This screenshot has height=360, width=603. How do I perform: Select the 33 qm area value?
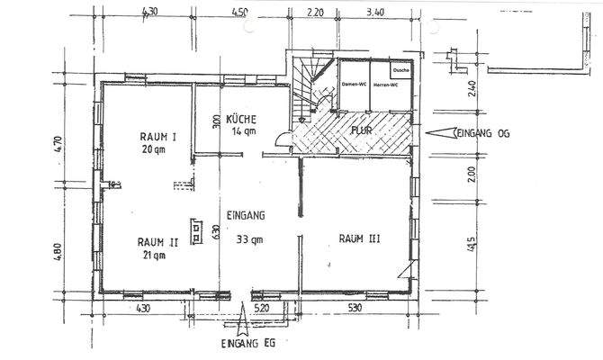(249, 240)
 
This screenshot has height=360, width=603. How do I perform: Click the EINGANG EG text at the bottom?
(247, 346)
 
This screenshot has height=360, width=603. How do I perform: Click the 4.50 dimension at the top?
(240, 13)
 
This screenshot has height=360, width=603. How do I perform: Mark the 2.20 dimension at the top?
(315, 13)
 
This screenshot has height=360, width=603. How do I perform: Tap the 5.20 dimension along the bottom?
(263, 309)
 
